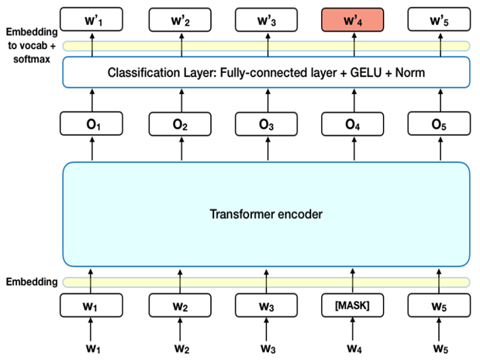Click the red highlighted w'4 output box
pos(353,18)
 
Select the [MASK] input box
pos(353,306)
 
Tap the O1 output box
pos(92,123)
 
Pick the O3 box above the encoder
pos(267,123)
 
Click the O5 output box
pos(439,123)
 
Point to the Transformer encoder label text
pos(266,213)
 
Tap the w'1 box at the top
pos(92,18)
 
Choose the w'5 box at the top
pos(439,18)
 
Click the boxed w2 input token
pos(179,306)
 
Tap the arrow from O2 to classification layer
pos(179,99)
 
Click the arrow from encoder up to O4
pos(353,149)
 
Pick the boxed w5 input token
pos(439,306)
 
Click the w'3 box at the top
pos(267,18)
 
